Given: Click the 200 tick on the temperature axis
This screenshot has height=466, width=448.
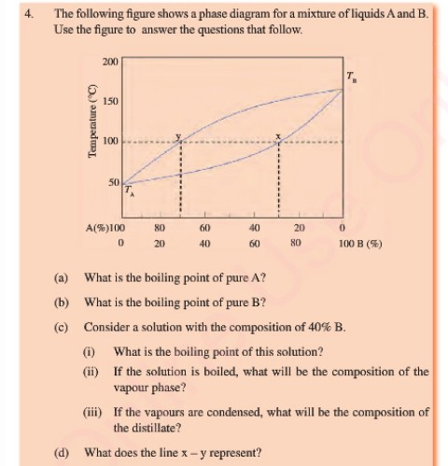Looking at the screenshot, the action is (110, 61).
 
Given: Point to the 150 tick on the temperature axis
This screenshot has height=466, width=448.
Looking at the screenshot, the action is (110, 101).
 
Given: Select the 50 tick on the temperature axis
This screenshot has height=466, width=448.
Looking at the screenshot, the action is (113, 182).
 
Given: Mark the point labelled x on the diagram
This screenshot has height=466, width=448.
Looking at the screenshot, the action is (277, 141).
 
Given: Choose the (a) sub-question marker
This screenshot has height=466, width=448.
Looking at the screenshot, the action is (63, 279).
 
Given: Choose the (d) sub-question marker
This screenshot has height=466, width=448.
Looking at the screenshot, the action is (63, 452).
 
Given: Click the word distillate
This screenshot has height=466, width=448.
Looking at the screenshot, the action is (138, 428).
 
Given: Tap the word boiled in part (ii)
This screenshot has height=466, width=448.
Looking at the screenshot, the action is (204, 371).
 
